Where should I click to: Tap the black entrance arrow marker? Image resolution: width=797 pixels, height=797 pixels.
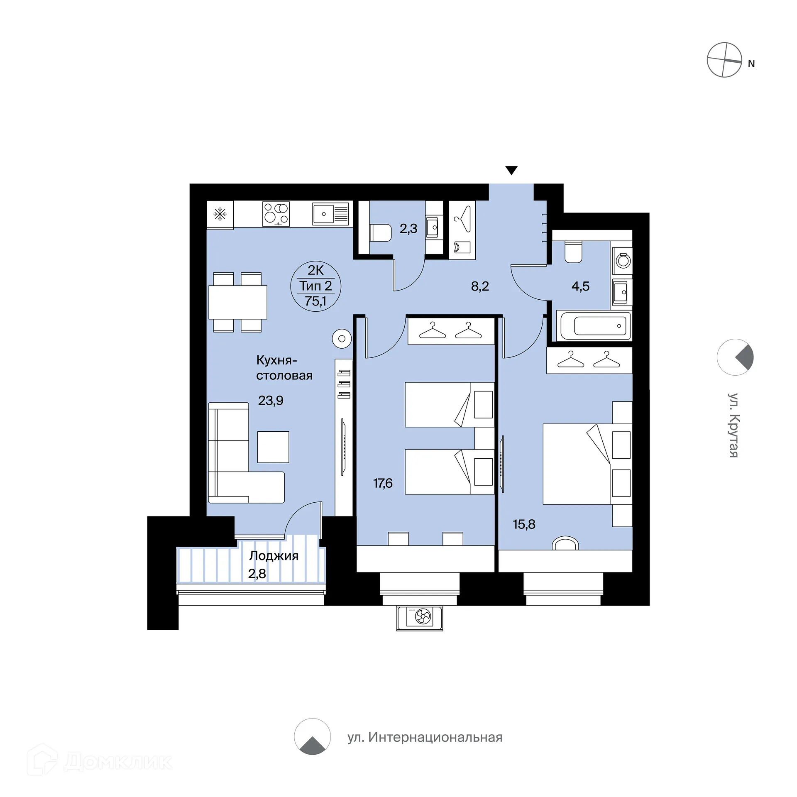point(511,170)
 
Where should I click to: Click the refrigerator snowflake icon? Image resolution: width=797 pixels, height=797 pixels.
point(220,214)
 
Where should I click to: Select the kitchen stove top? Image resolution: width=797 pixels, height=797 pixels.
point(276,214)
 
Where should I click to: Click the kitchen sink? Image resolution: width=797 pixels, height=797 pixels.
point(330,214)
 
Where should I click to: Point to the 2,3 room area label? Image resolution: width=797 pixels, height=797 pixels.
point(408,229)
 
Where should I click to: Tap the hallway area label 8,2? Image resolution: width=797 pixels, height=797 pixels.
point(480,286)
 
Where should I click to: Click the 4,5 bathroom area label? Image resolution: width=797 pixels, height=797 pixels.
point(580,286)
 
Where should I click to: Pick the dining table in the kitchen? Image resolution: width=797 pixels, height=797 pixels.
point(237,302)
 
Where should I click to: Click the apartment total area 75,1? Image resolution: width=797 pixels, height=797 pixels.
point(315,301)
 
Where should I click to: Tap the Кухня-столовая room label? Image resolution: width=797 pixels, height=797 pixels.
point(284,368)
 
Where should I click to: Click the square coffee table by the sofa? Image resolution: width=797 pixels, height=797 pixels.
point(273,447)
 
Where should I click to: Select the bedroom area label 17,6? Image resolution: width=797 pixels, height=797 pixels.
point(383,483)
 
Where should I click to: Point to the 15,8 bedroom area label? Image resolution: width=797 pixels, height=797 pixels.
point(524,524)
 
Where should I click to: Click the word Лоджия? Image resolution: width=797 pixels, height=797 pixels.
point(274,556)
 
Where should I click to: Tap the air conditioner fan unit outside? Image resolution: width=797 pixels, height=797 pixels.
point(420,618)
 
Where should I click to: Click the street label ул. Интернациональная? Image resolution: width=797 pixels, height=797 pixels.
point(425,737)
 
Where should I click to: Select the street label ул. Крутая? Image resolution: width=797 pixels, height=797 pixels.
point(733,425)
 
